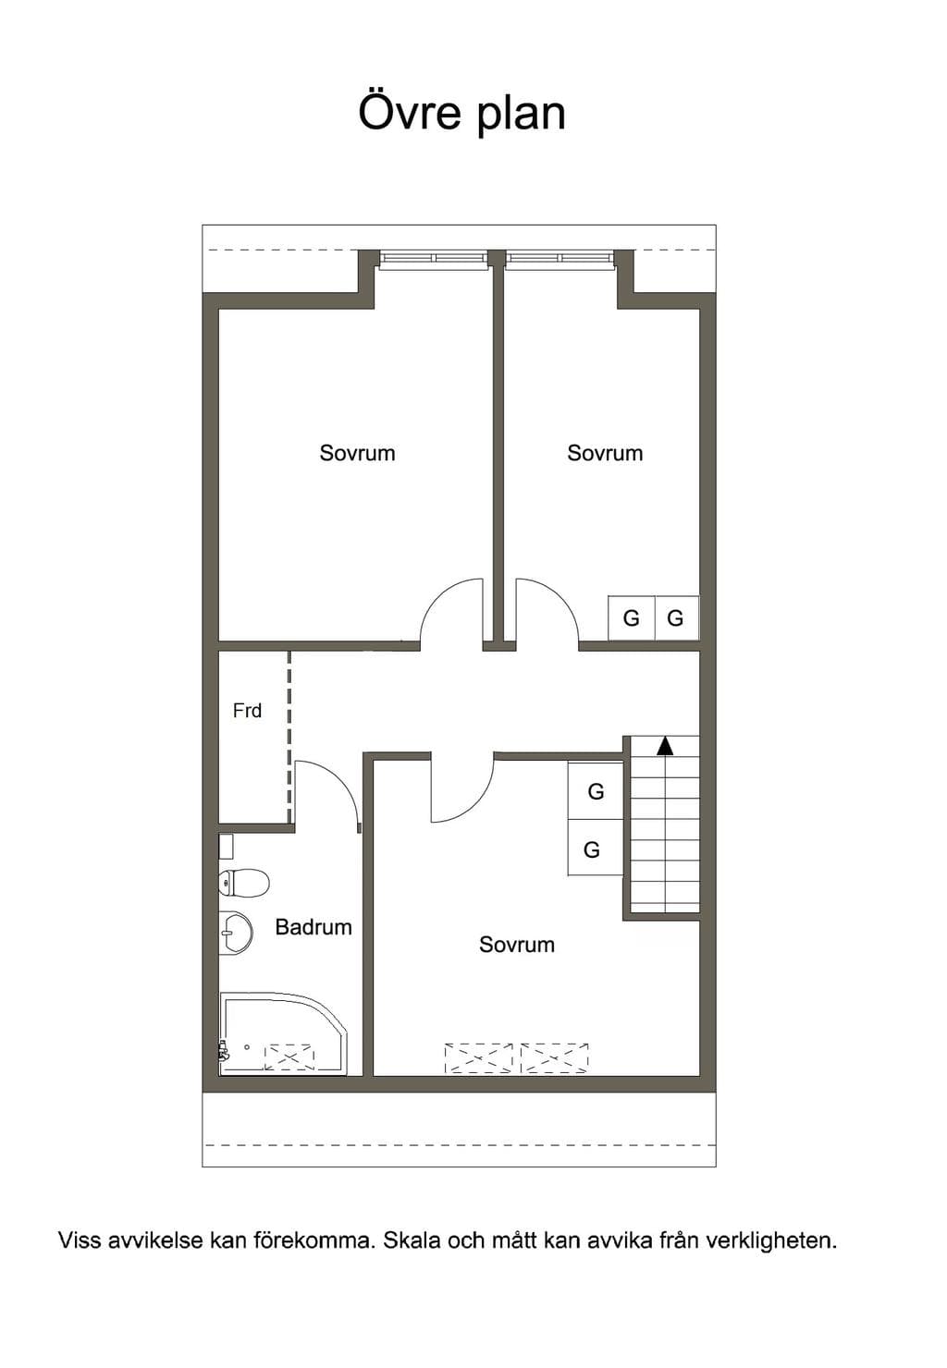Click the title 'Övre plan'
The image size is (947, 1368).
(x=461, y=113)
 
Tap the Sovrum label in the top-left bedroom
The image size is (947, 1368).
(x=357, y=453)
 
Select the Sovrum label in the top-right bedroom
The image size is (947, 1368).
(x=605, y=453)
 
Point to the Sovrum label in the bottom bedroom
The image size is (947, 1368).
(x=517, y=945)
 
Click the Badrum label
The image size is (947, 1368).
(x=314, y=927)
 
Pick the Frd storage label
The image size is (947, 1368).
(x=248, y=710)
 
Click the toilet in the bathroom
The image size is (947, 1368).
(x=244, y=883)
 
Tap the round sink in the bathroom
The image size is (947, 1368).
(x=236, y=933)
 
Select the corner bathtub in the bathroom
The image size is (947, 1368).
(x=284, y=1034)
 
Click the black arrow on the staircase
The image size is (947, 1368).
(x=665, y=746)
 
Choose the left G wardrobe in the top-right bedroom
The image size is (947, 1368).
(x=631, y=618)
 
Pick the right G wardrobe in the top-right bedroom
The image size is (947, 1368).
(x=677, y=618)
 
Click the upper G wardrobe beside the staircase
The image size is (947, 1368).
(x=596, y=791)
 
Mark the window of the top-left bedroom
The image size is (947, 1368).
(x=435, y=259)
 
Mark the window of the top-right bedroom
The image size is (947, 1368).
(x=560, y=259)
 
